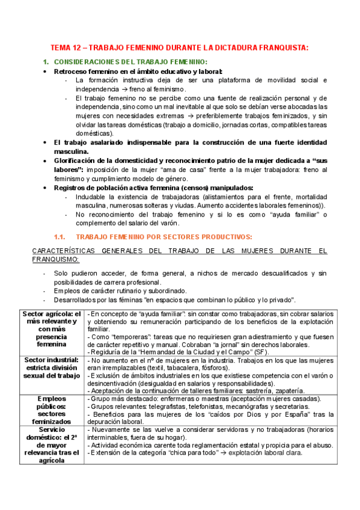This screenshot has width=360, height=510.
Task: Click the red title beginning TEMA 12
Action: pyautogui.click(x=179, y=48)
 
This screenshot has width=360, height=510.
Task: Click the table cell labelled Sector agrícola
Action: pyautogui.click(x=52, y=328)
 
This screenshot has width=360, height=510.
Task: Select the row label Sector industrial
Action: pyautogui.click(x=52, y=367)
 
